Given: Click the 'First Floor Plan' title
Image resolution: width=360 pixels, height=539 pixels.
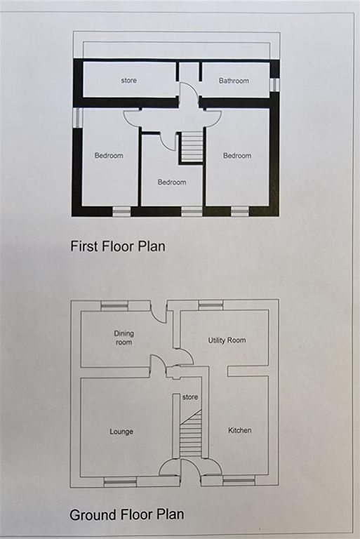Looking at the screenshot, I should tap(117, 246).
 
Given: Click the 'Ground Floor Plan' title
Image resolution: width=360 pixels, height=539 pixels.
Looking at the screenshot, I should tap(126, 514).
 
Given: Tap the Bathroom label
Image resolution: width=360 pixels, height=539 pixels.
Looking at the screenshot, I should tap(234, 81).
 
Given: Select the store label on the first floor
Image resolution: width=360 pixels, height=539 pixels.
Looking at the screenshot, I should tap(128, 81).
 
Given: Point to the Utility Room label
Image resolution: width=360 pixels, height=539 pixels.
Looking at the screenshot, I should tap(227, 340).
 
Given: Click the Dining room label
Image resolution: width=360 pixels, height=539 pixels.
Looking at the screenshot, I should tap(124, 338).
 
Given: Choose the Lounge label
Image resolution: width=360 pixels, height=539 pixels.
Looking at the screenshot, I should tap(121, 431).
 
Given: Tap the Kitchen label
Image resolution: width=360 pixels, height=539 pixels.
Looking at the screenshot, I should tap(239, 430).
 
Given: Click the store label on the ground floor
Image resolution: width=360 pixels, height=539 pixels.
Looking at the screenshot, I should tap(190, 397).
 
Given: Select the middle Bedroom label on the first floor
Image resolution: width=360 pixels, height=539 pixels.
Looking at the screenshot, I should tap(172, 182).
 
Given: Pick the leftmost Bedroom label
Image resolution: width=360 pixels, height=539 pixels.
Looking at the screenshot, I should tap(109, 156).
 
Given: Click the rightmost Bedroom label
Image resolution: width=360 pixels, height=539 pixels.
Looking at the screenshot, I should tap(237, 156).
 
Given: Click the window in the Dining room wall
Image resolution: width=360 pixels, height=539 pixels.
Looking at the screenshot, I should tap(113, 305).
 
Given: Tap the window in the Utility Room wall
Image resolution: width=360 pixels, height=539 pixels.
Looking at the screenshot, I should tap(211, 305).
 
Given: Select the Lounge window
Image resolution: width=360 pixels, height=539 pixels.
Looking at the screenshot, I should tap(116, 481).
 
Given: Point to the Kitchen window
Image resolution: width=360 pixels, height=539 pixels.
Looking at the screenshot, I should tap(239, 481).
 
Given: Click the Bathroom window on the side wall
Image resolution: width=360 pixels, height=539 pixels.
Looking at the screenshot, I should tap(274, 85).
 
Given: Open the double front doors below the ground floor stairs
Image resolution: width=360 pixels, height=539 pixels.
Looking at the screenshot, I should tap(180, 472).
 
